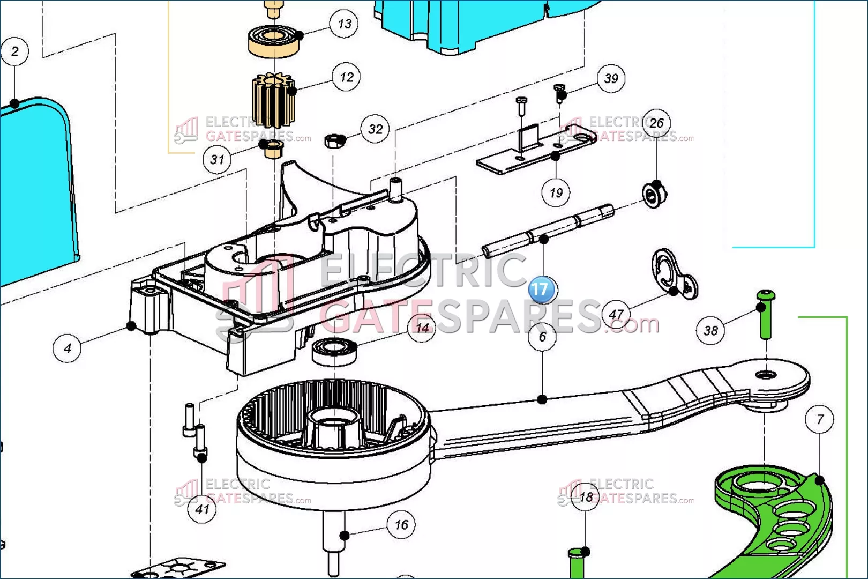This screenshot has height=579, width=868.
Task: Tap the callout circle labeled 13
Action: coord(344,24)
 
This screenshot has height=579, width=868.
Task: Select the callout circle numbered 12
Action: coord(346,77)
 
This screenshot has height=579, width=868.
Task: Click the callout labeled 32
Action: coord(375,129)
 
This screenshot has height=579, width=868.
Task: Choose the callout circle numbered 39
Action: coord(611,79)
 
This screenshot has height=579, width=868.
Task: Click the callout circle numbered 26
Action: coord(656,123)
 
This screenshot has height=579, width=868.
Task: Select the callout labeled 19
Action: coord(556,192)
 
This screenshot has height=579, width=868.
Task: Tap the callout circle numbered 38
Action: coord(710,331)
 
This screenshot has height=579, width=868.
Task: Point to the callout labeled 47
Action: coord(616,315)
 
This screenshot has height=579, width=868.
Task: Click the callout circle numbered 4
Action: coord(68,348)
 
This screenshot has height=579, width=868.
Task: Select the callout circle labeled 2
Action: coord(15,51)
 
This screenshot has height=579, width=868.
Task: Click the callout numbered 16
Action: coord(401,525)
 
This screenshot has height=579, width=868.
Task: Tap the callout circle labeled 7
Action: coord(820,419)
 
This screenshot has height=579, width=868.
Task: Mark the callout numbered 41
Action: coord(202,509)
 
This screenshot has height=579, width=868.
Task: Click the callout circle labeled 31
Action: coord(217,159)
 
